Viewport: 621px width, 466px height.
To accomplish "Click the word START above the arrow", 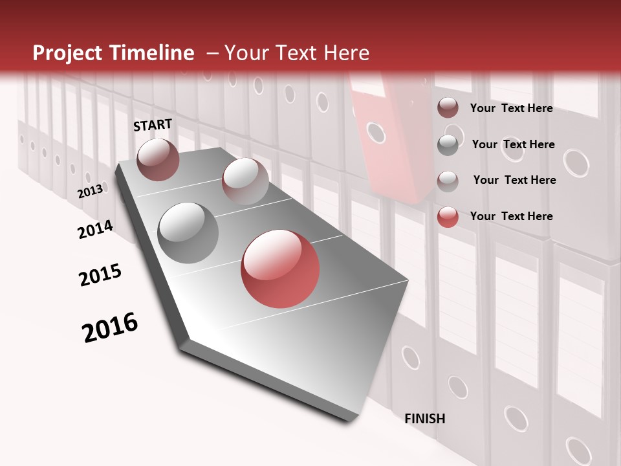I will click(x=153, y=125).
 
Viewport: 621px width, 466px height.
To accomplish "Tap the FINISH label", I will click(x=425, y=419).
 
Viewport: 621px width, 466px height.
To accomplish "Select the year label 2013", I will click(x=91, y=191).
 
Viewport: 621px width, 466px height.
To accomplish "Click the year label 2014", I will click(x=95, y=229).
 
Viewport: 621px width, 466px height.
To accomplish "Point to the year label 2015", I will click(x=100, y=275).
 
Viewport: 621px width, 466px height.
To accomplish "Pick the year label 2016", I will click(x=110, y=327).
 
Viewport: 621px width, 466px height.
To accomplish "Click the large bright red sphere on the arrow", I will click(x=280, y=269).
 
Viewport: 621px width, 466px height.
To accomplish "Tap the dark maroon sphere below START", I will click(x=158, y=159).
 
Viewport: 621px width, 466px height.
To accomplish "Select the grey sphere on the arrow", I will click(x=188, y=232).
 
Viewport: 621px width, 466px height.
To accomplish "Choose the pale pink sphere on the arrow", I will click(x=245, y=181).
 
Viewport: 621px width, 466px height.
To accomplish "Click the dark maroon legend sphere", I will click(x=448, y=108).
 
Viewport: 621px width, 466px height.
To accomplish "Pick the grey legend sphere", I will click(x=448, y=144).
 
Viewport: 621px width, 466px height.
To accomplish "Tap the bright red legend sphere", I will click(x=448, y=217).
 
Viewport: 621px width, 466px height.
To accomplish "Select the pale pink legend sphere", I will click(x=448, y=181).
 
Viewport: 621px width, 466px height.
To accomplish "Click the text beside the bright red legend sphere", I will click(x=511, y=216).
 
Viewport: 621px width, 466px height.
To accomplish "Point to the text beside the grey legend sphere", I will click(x=513, y=144).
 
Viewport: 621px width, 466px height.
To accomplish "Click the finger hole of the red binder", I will click(x=376, y=133).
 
